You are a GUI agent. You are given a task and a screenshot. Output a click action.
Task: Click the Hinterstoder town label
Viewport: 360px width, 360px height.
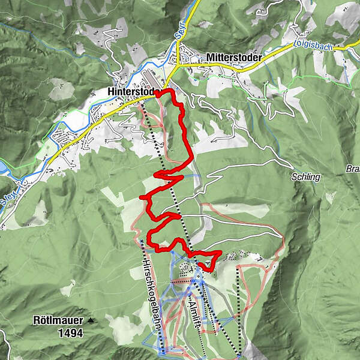pos(131,92)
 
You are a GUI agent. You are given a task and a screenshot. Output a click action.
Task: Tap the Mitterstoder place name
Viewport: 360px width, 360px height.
pos(233,58)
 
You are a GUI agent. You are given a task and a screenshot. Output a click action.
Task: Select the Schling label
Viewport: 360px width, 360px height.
pos(307,178)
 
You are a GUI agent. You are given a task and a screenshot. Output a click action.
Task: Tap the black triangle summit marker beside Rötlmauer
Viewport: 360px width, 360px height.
pos(91,321)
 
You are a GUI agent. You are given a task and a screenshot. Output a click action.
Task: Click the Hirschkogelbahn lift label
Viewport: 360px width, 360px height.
pos(151,282)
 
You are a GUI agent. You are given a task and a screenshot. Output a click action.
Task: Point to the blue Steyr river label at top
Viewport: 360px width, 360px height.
pos(194,15)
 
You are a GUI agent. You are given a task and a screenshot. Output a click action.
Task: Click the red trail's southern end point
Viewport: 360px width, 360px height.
pos(200,262)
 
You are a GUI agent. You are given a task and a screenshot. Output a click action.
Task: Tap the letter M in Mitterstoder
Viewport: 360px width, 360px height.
pos(209,58)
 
